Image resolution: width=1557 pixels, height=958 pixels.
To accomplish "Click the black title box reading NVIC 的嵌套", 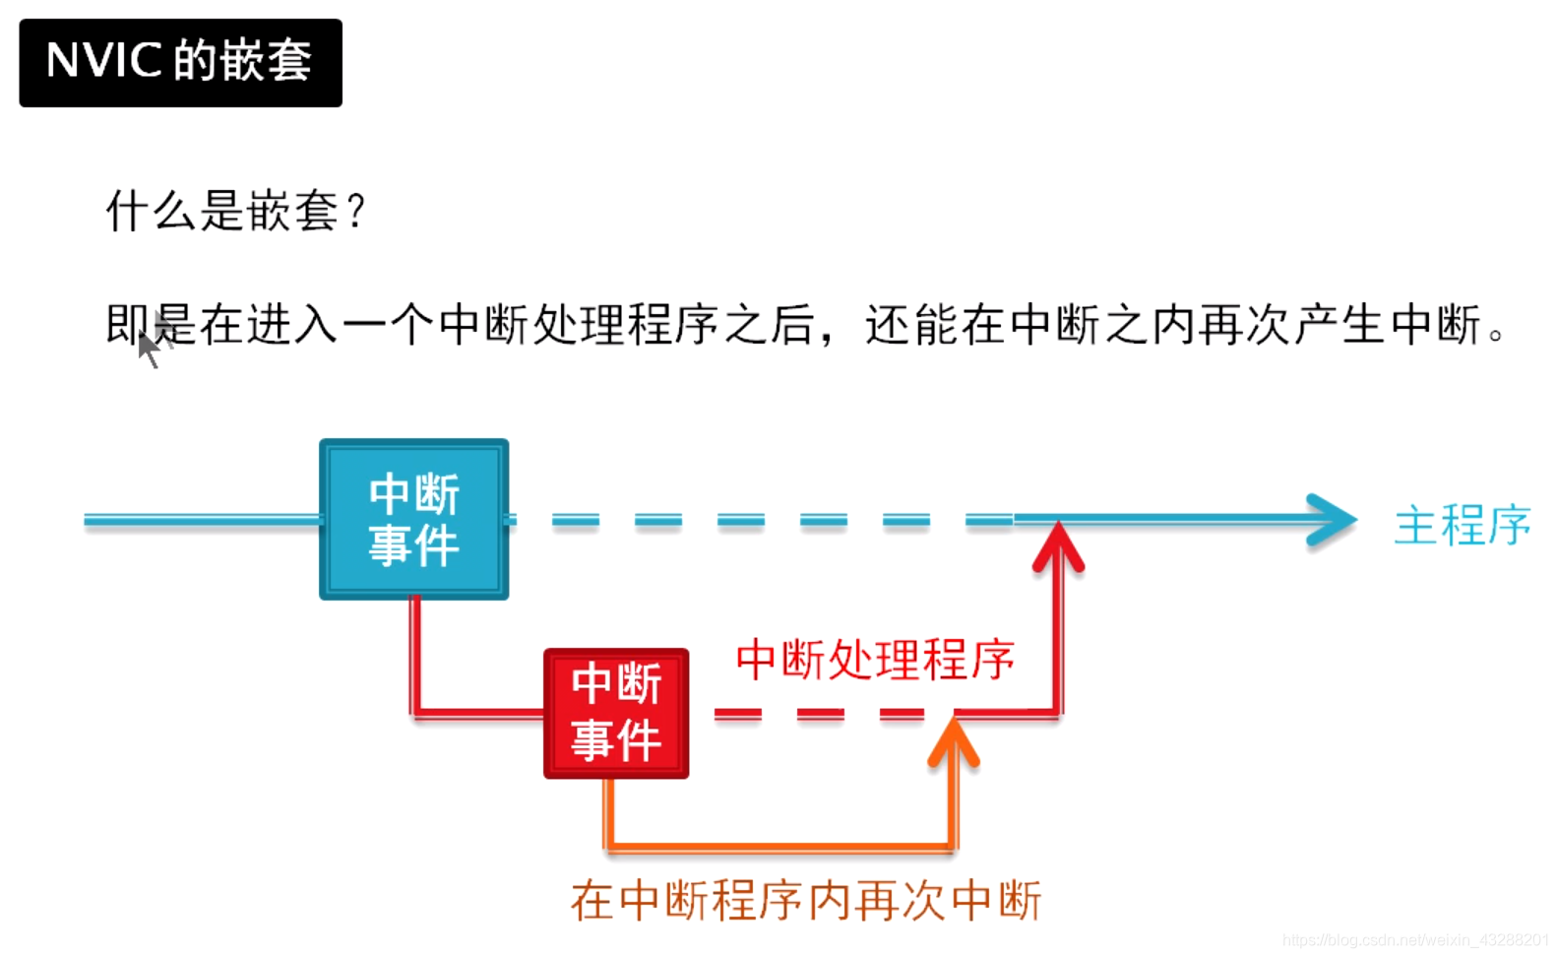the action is point(180,62).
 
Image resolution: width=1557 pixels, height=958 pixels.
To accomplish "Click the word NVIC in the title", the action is point(103,61).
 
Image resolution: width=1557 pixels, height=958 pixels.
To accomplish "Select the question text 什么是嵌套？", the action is point(235,211).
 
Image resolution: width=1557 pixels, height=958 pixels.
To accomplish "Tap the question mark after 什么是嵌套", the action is point(356,211).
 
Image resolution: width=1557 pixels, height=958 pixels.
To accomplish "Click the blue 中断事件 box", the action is point(414,519).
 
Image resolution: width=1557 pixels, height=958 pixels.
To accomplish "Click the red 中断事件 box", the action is point(616,713).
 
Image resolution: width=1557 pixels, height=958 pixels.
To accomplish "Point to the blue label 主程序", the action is point(1463,524).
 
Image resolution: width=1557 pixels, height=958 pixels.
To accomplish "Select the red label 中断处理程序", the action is point(875,659).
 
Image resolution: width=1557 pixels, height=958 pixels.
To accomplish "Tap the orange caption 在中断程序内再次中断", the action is point(805,900).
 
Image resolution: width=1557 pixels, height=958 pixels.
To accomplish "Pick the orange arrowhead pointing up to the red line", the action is point(953,741).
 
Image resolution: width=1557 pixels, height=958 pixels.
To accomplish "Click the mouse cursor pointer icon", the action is point(149,347).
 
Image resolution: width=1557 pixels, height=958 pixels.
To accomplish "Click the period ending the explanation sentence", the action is point(1496,335).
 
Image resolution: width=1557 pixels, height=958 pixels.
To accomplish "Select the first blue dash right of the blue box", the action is point(575,519).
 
